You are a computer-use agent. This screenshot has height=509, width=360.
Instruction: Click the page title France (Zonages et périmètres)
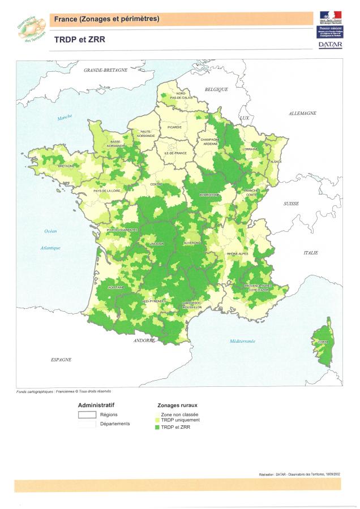point(106,19)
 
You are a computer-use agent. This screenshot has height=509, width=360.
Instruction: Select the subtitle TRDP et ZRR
point(80,40)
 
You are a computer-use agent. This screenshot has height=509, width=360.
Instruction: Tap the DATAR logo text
point(330,44)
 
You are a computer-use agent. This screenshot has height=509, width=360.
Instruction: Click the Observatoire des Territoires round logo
point(32,29)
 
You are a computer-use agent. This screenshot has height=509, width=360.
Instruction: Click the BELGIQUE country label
point(216,89)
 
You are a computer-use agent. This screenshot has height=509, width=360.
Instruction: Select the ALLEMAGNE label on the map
point(302,114)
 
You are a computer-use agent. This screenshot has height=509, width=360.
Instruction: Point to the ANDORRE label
point(144,341)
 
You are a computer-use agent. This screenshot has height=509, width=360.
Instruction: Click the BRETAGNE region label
point(66,166)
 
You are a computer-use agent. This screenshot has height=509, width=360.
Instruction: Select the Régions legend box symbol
point(87,415)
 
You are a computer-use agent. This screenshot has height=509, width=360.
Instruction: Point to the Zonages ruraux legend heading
point(177,406)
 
